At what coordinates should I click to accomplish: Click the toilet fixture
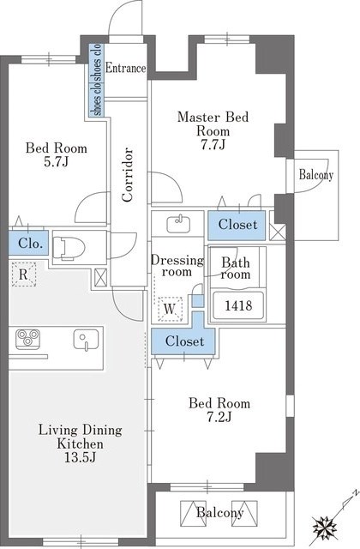pyautogui.click(x=69, y=248)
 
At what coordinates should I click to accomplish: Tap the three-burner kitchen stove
pyautogui.click(x=27, y=339)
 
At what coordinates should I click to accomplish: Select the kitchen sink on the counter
pyautogui.click(x=86, y=340)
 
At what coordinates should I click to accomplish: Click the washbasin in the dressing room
pyautogui.click(x=178, y=225)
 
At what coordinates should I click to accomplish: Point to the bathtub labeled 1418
pyautogui.click(x=238, y=305)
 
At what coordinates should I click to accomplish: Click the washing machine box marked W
pyautogui.click(x=170, y=309)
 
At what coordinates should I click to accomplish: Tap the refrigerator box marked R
pyautogui.click(x=23, y=274)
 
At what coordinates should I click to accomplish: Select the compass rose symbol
pyautogui.click(x=325, y=527)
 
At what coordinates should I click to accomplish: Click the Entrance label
pyautogui.click(x=125, y=68)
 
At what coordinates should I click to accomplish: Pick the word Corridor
pyautogui.click(x=128, y=175)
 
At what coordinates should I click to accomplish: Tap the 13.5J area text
pyautogui.click(x=80, y=457)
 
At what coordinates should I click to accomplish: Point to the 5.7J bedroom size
pyautogui.click(x=56, y=161)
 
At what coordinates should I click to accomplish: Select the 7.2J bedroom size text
pyautogui.click(x=219, y=417)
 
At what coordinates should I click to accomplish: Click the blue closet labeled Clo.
pyautogui.click(x=28, y=243)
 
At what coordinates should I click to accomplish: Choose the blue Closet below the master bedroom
pyautogui.click(x=237, y=225)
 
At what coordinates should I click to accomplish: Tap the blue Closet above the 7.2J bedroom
pyautogui.click(x=184, y=341)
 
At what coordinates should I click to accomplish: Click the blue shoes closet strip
pyautogui.click(x=95, y=80)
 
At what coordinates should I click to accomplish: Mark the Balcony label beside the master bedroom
pyautogui.click(x=316, y=175)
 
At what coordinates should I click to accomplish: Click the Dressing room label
pyautogui.click(x=177, y=266)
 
